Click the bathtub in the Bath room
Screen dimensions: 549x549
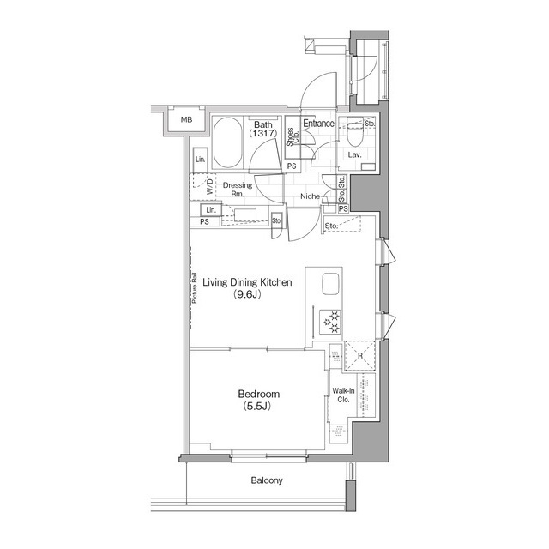click(x=227, y=142)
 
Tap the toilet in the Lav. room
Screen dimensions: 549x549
click(x=354, y=132)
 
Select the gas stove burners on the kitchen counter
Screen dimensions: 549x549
click(x=330, y=322)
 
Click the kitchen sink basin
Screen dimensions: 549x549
click(x=330, y=284)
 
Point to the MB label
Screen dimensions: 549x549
click(x=187, y=120)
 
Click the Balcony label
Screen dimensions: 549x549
click(x=267, y=480)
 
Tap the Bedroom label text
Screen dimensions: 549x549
click(x=259, y=395)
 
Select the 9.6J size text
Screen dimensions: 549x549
click(x=248, y=294)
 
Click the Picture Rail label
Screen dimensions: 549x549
click(x=195, y=288)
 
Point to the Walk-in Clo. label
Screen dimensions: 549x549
click(x=343, y=395)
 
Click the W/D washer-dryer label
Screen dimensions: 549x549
click(x=209, y=186)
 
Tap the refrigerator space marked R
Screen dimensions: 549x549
click(x=360, y=355)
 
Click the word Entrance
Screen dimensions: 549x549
click(x=318, y=124)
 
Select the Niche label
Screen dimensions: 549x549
click(x=311, y=196)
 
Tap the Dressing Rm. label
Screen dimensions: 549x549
click(x=238, y=189)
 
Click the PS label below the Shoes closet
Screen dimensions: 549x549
click(x=292, y=166)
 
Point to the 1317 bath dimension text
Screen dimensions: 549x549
click(x=263, y=133)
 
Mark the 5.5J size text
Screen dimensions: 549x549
click(x=257, y=406)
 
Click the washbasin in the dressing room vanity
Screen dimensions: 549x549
click(x=245, y=214)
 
